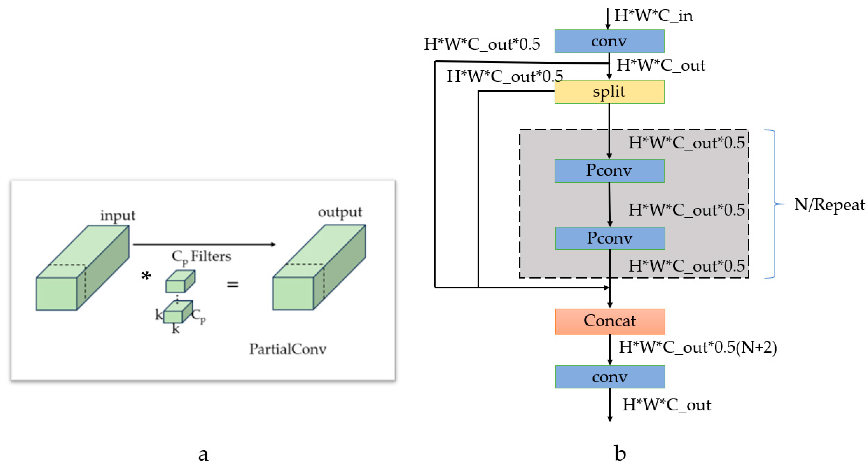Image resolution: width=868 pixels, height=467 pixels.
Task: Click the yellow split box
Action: pos(609,92)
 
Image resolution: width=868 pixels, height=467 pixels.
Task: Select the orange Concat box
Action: pos(610,321)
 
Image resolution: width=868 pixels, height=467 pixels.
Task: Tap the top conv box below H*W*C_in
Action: pos(609,41)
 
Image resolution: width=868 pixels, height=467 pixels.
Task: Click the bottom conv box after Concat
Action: pos(610,377)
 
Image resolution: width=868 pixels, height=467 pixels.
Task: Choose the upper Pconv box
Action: pos(609,170)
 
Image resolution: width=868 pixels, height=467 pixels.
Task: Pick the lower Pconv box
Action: pos(610,238)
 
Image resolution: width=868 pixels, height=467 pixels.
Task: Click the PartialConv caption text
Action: pos(288,349)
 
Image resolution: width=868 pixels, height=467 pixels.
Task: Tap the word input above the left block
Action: pos(118,215)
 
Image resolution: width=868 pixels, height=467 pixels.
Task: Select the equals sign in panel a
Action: pos(233,285)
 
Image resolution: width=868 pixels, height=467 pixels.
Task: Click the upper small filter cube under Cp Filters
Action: pos(180,281)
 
